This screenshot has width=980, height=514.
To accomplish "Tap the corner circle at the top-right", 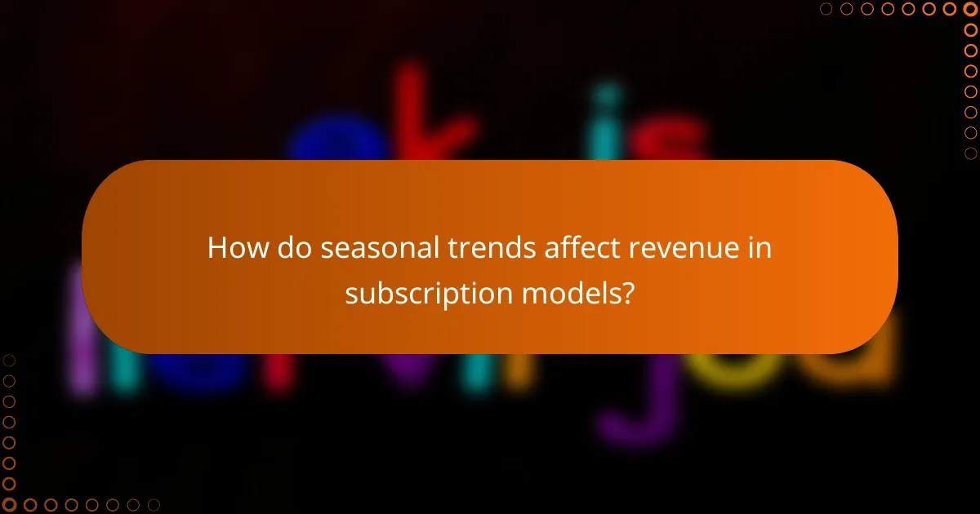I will coord(970,9).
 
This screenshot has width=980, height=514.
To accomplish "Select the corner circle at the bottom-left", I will coord(9,505).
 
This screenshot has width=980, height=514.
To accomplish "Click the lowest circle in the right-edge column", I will coord(970,153).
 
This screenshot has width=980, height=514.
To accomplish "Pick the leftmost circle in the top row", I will coord(826,9).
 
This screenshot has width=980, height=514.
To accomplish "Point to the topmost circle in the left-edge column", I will coord(9,361).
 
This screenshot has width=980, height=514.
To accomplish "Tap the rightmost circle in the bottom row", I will coord(153,505).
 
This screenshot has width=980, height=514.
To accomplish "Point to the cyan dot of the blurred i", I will coord(606,96).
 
